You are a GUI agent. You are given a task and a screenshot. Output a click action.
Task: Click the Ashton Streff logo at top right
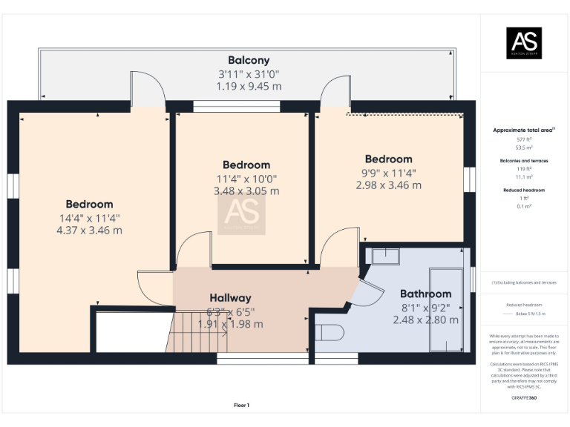pos(524,43)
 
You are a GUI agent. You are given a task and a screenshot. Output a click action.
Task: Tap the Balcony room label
pos(249,60)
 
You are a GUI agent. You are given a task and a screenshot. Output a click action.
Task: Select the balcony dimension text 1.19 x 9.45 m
pos(249,86)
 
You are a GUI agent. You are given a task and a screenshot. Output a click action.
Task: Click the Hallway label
pos(229,297)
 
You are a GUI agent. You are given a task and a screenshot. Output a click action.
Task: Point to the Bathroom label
pos(425,294)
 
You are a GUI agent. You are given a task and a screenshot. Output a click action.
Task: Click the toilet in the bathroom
pos(328,331)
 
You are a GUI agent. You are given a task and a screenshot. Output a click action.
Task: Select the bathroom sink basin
pos(384,256)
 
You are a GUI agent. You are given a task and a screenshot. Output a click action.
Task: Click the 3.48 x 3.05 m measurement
pos(246,191)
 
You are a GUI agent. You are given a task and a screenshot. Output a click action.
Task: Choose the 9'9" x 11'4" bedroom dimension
pos(388,173)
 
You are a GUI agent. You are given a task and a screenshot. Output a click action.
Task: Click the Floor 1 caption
pos(241,406)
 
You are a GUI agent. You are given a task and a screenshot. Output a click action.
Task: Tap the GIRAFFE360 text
pos(523,398)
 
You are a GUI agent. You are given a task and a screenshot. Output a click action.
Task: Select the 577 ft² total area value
pos(524,139)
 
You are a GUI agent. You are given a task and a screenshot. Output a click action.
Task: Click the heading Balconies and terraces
pos(524,160)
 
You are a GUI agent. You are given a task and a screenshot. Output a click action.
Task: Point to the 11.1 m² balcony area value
pos(524,177)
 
